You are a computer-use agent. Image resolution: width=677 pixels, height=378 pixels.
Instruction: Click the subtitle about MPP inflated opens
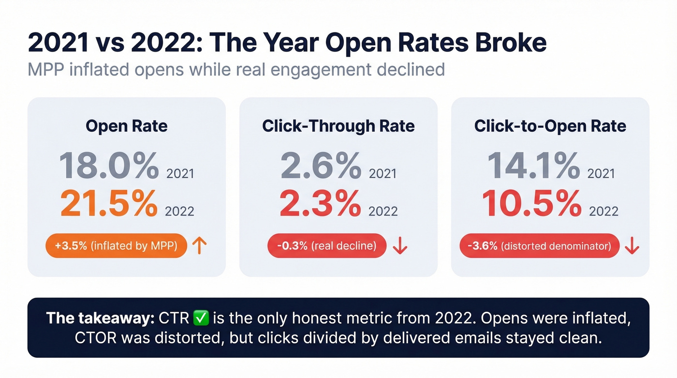coord(236,69)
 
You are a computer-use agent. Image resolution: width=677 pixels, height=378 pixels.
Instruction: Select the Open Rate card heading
coord(127,126)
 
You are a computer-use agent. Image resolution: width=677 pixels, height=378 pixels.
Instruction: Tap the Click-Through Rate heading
coord(338,126)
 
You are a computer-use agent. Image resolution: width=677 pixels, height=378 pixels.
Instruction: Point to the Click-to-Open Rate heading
coord(550,126)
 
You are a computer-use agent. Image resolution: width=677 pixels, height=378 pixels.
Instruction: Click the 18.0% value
coord(109,166)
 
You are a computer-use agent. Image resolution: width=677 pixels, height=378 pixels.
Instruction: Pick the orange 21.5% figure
coord(109,204)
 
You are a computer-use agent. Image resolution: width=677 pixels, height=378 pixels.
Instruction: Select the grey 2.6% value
coord(321,166)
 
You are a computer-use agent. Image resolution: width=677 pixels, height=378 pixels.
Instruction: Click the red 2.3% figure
coord(321,204)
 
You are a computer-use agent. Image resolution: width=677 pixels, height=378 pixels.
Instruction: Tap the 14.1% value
coord(533,166)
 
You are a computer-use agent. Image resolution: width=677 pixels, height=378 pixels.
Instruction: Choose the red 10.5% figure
coord(532,204)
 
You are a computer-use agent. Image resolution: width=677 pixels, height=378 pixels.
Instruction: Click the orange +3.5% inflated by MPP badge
coord(116,246)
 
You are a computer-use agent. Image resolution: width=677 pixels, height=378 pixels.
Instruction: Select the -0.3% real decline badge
coord(327,246)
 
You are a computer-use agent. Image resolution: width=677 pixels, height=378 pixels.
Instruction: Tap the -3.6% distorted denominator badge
coord(539,246)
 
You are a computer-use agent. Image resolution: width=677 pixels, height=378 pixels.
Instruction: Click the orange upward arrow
coord(199,246)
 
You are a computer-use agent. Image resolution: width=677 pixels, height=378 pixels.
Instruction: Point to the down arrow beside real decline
coord(400,246)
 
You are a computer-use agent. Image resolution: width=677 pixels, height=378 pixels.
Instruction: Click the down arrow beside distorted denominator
coord(632,246)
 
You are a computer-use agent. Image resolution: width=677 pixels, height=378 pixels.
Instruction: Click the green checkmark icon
coord(200,318)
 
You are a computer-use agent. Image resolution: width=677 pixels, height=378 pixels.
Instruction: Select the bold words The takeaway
coord(99,318)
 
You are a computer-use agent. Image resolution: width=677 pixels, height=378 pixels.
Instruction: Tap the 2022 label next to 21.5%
coord(179,212)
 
